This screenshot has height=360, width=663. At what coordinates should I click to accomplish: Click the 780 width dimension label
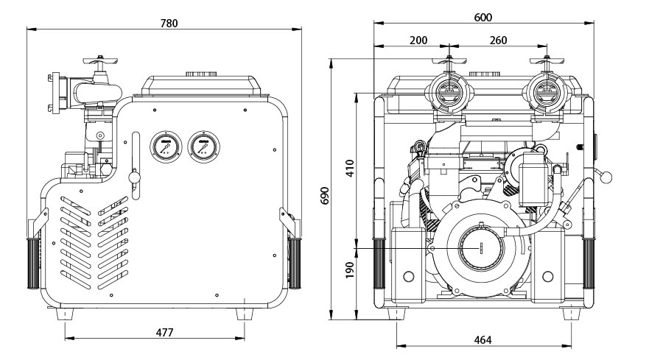coord(169,23)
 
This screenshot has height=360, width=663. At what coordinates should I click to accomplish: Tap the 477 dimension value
coord(165,333)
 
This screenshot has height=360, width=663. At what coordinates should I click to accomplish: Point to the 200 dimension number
coord(418,40)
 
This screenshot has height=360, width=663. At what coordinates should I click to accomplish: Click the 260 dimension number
coord(498,40)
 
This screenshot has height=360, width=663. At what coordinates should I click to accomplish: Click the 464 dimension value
coord(483,339)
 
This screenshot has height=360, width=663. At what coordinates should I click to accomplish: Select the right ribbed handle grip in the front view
coord(589,263)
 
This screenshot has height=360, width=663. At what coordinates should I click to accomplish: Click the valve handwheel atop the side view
coord(99,58)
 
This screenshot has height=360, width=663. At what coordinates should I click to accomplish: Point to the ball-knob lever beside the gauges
coord(134,177)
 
